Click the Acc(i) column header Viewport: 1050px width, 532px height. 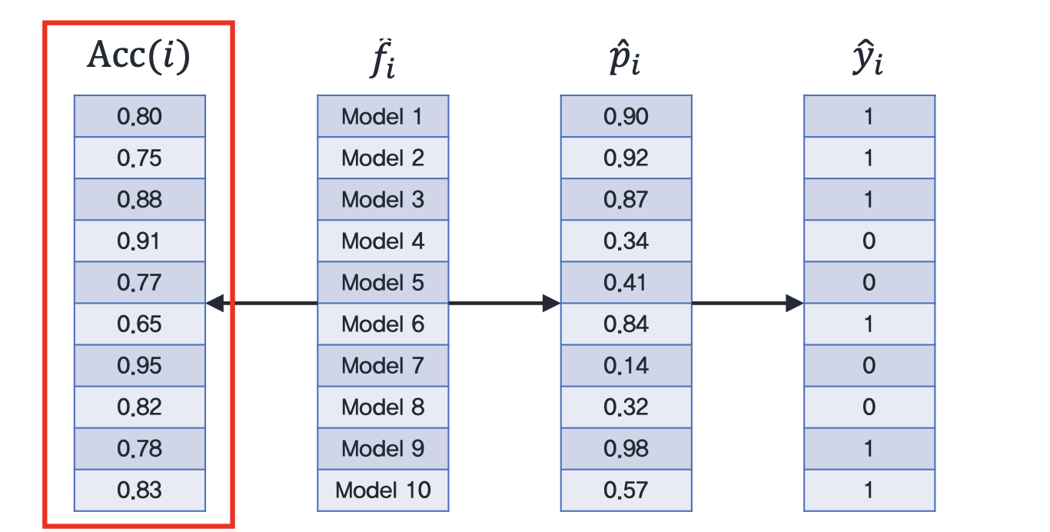coord(139,56)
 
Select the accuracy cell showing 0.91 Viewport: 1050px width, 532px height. coord(140,241)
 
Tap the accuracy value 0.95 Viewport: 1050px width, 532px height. coord(140,366)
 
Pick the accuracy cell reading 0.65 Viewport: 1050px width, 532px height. coord(140,324)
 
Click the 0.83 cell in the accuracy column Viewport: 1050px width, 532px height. coord(140,490)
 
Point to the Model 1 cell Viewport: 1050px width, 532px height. coord(383,116)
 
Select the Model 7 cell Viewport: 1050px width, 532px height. coord(383,366)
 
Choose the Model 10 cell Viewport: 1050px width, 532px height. coord(383,490)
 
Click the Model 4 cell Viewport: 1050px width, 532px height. coord(383,241)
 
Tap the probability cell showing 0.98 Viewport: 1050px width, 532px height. coord(626,448)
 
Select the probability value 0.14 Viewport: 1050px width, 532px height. coord(626,366)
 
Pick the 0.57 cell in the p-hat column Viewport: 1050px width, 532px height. coord(626,490)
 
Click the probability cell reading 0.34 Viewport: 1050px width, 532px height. coord(626,241)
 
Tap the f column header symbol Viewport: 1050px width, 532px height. coord(383,58)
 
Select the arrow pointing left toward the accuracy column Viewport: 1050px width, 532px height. coord(261,303)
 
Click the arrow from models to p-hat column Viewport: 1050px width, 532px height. coord(505,303)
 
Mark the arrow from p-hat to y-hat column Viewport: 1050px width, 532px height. coord(748,303)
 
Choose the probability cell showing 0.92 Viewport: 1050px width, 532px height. coord(626,158)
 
